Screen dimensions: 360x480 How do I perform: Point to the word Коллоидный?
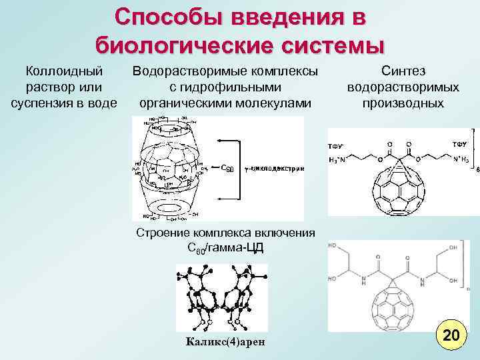tap(64, 71)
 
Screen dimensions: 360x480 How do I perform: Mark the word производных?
tap(403, 103)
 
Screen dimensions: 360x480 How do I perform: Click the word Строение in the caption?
tap(163, 233)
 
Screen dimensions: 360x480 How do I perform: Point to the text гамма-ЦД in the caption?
tap(240, 248)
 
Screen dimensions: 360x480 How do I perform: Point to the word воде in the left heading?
tap(101, 103)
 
